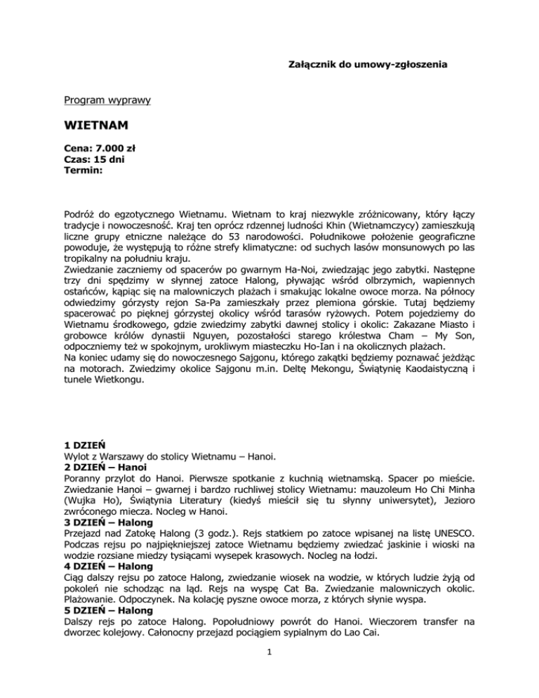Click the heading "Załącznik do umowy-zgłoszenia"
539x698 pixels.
[x=368, y=65]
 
